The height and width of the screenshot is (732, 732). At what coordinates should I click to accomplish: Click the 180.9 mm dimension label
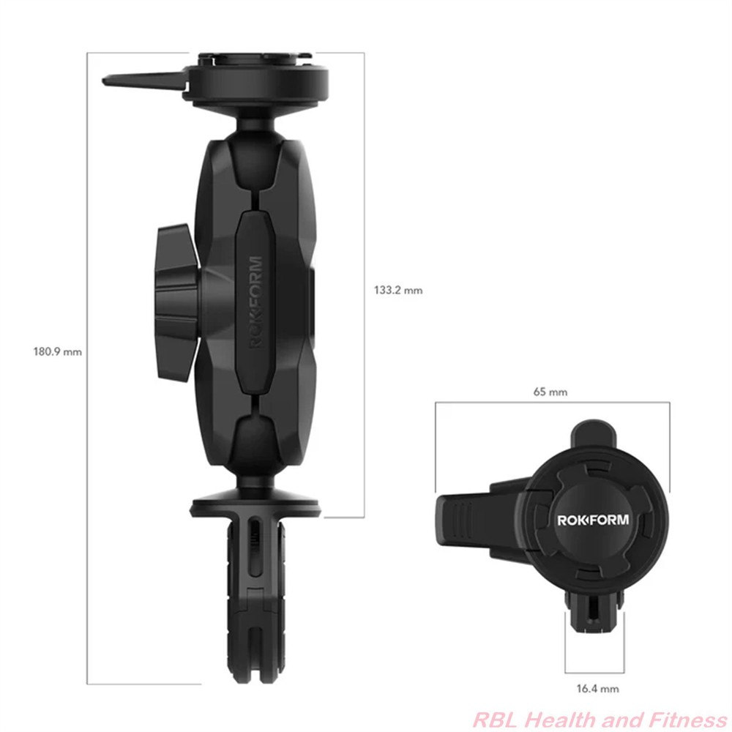pyautogui.click(x=57, y=351)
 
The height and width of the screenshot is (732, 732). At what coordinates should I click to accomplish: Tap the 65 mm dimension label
pyautogui.click(x=551, y=392)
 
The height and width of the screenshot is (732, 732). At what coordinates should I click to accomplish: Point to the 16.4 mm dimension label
pyautogui.click(x=597, y=688)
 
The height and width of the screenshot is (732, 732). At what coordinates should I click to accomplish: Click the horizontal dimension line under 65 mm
pyautogui.click(x=552, y=403)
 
